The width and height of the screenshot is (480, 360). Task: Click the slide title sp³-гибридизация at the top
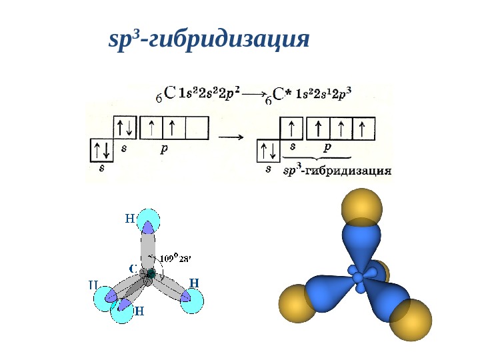click(x=209, y=41)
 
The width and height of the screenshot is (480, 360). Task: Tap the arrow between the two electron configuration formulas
click(x=253, y=94)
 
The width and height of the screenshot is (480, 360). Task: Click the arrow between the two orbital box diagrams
click(x=231, y=137)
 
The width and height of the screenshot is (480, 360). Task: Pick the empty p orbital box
click(x=197, y=127)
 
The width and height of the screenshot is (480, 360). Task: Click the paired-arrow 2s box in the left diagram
click(x=124, y=127)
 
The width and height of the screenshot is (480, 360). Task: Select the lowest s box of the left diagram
click(x=101, y=150)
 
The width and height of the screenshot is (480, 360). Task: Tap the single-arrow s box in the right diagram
click(x=291, y=127)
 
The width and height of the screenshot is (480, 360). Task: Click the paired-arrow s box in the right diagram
click(x=269, y=151)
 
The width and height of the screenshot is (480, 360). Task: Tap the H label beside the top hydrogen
click(x=129, y=217)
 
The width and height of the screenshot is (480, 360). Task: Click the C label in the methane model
click(x=133, y=269)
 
